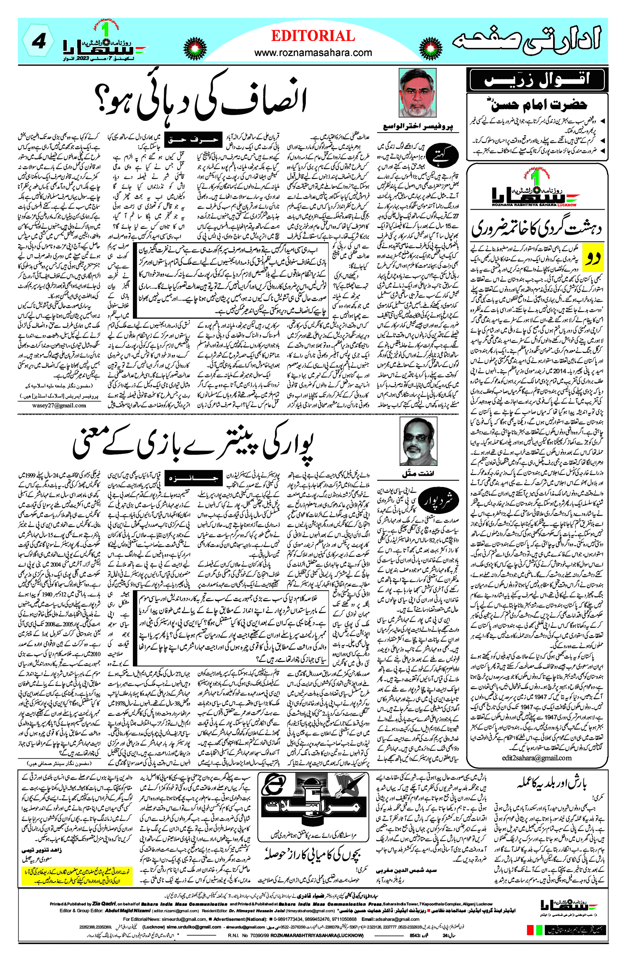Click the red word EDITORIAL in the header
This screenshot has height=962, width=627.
(313, 36)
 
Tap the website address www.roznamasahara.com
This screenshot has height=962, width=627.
(313, 53)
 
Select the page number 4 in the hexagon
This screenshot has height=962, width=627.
(38, 42)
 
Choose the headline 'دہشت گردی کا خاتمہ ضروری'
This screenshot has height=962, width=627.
(536, 228)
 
